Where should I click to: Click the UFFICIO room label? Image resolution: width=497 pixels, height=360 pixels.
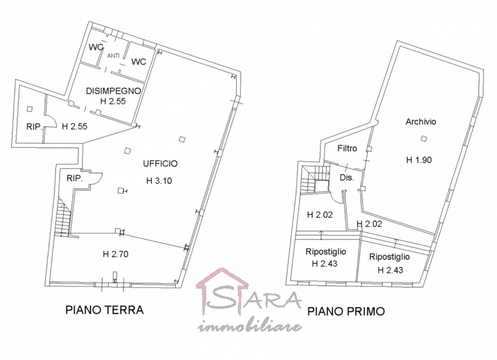[x=160, y=164]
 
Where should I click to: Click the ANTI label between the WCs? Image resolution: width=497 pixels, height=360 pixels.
[x=114, y=56]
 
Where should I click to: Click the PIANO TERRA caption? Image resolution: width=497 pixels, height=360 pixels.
[x=104, y=310]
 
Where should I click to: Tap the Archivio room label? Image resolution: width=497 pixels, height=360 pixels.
[x=421, y=122]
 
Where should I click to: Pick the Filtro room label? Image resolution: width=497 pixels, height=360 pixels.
[x=347, y=149]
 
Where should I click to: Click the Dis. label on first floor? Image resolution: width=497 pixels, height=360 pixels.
[x=346, y=178]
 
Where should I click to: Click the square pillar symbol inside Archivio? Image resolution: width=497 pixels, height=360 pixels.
[x=424, y=138]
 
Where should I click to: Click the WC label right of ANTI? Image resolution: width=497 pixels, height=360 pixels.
[x=139, y=61]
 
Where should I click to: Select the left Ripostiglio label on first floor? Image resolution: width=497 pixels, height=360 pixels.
[x=326, y=252]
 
